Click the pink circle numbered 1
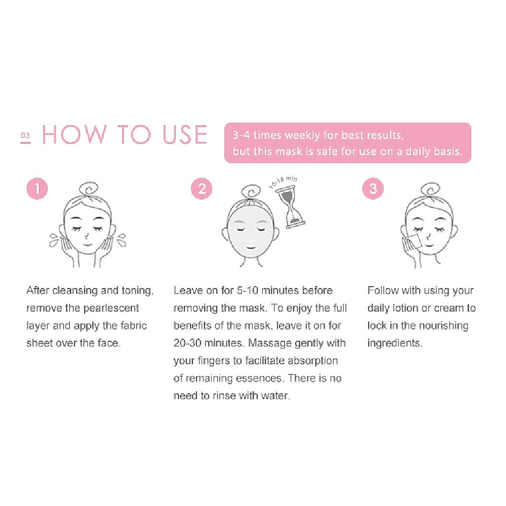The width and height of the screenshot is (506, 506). pos(37,188)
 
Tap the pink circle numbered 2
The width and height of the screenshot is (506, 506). pos(202,188)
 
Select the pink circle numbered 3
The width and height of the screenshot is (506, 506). pos(373,188)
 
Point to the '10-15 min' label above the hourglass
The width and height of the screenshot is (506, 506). pos(283,182)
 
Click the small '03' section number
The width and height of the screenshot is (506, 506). pos(25,136)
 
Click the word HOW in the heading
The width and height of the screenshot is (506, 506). pos(74,135)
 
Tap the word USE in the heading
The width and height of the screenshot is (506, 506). pos(185,135)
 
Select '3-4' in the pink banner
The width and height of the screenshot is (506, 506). pos(241,135)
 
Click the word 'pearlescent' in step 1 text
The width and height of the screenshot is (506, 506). pos(111,308)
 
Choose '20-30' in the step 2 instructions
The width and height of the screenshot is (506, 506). pos(187,343)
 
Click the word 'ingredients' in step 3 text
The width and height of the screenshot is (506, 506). pos(394,343)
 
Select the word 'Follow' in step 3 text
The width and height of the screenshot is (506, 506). pos(383,291)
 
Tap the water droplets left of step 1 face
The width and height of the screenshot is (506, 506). pos(54,240)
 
